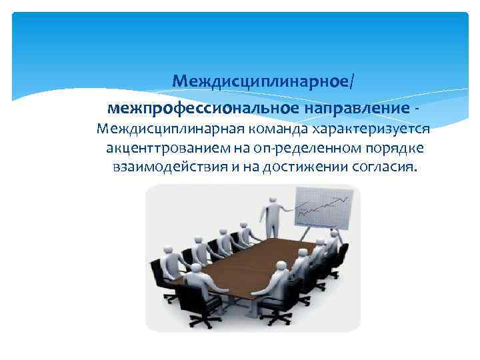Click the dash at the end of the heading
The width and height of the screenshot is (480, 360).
(417, 109)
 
